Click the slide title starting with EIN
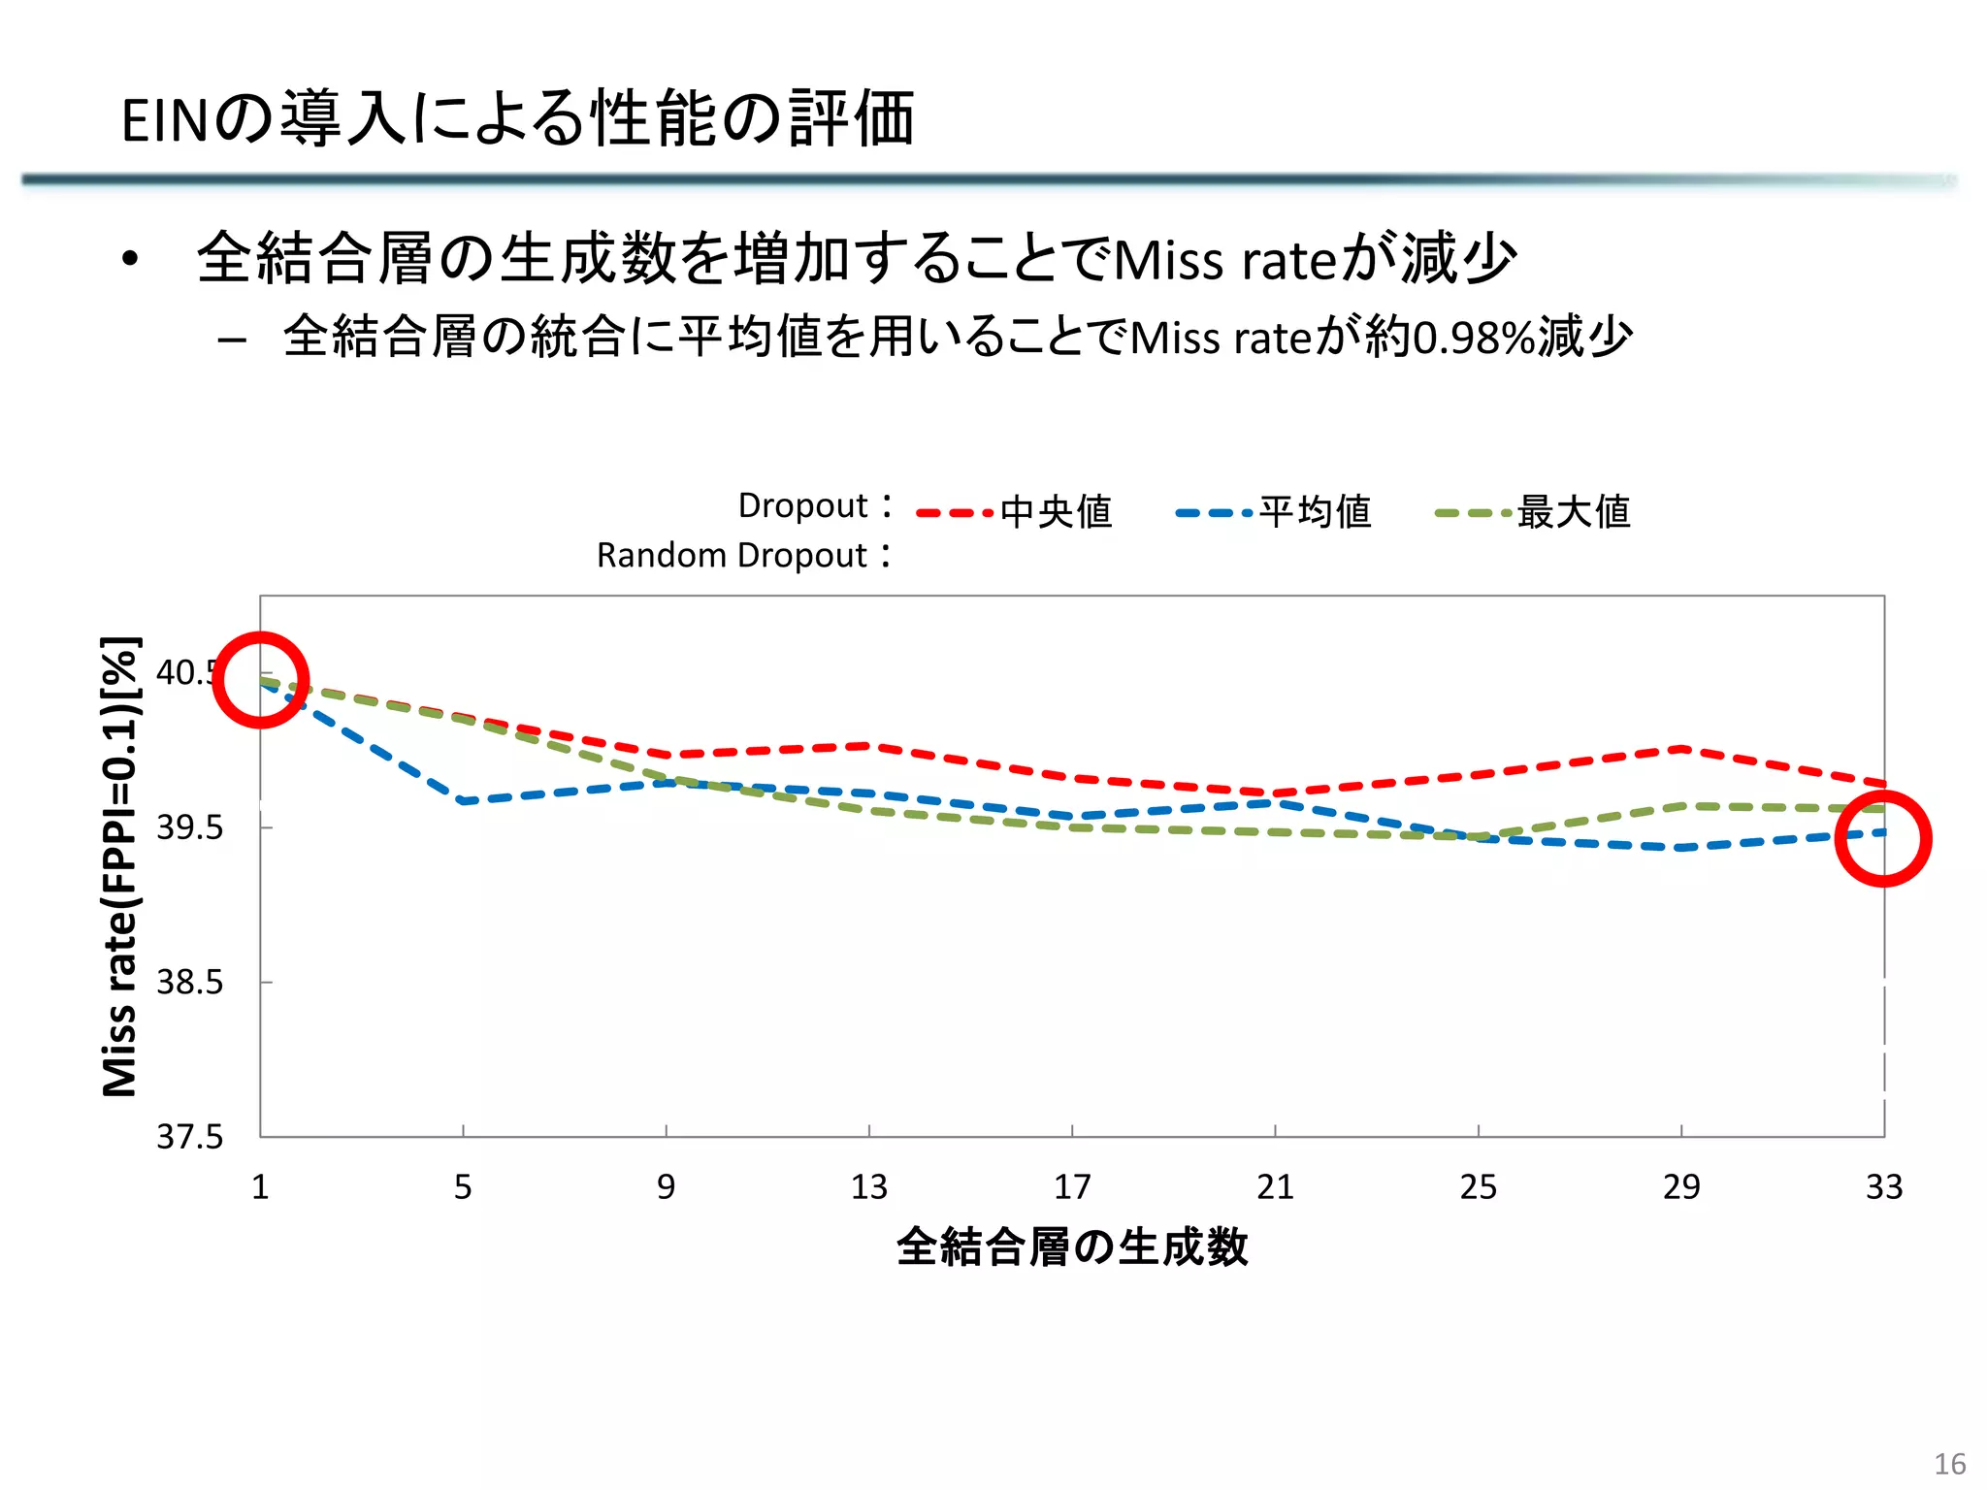pos(517,119)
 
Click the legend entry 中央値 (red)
pos(1055,511)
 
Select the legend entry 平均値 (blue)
pos(1314,511)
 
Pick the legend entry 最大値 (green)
pos(1573,511)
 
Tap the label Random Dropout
pos(732,556)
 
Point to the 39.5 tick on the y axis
pos(190,827)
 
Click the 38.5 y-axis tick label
pos(190,982)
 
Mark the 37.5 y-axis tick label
pos(190,1136)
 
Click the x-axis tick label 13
pos(868,1186)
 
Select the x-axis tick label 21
pos(1275,1186)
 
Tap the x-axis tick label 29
pos(1681,1186)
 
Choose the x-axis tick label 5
pos(463,1186)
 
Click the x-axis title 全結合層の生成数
pos(1072,1247)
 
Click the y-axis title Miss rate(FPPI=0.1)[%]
pos(120,866)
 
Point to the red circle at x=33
pos(1883,839)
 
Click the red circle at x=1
pos(260,680)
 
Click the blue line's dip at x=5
pos(463,801)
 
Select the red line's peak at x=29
pos(1681,748)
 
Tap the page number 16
pos(1950,1464)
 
